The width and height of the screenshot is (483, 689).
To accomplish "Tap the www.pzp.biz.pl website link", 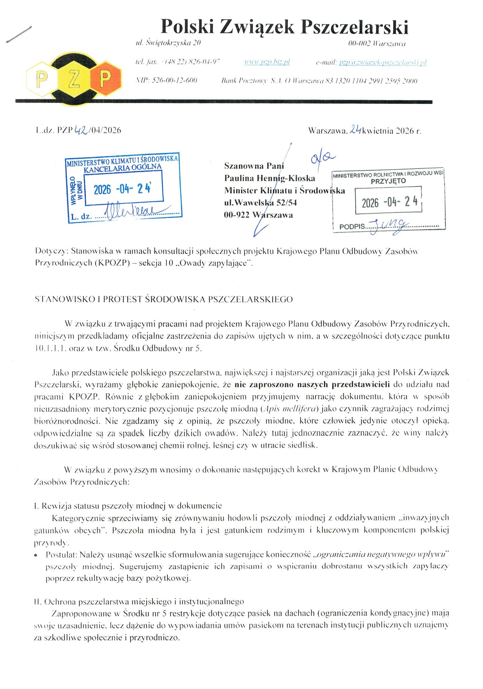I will (x=267, y=62).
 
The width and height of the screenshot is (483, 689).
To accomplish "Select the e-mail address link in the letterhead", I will (x=383, y=62).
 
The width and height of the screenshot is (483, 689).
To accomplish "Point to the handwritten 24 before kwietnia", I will (x=355, y=130).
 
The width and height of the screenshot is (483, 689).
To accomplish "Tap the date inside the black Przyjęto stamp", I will (x=389, y=202).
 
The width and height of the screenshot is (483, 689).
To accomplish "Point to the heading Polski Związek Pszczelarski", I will (x=285, y=27).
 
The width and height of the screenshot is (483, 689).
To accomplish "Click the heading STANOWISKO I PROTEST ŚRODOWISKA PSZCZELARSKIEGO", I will (x=163, y=299).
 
